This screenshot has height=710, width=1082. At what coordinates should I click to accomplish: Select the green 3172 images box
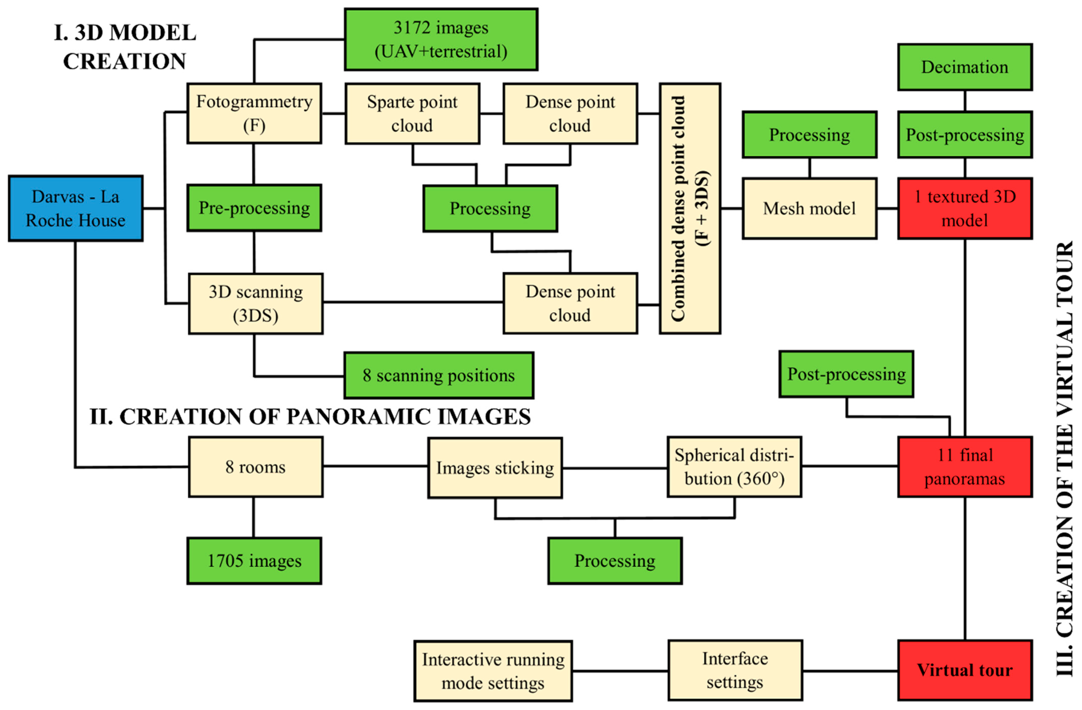(x=441, y=40)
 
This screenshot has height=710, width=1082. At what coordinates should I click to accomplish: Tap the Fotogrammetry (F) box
(x=254, y=113)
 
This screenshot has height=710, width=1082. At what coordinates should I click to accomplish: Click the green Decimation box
(x=965, y=67)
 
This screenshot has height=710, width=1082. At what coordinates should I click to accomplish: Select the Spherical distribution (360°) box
(x=734, y=467)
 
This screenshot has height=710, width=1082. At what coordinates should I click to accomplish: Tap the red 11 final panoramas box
(x=965, y=467)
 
